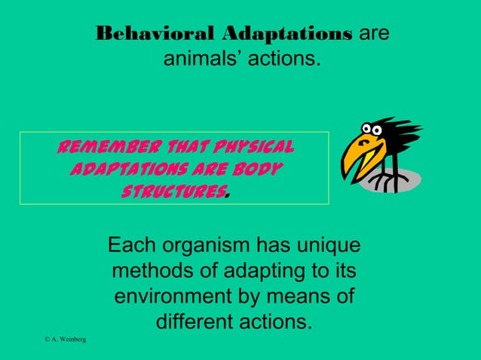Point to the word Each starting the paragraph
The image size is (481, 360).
[133, 246]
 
